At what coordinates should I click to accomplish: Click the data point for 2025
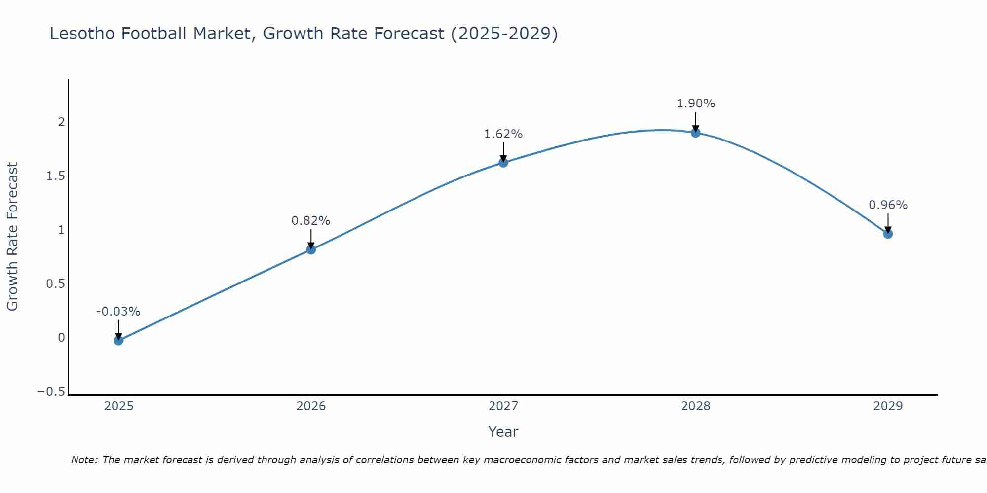click(118, 340)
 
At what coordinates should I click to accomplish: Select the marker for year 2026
click(311, 249)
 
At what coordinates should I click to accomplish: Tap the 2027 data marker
click(503, 162)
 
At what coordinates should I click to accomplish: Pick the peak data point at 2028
click(696, 132)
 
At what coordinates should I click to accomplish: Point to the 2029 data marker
click(888, 234)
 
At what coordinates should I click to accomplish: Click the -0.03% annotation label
click(118, 312)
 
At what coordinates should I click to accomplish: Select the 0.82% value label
click(311, 221)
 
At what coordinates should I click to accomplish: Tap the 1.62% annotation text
click(503, 134)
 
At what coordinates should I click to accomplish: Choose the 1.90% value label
click(696, 104)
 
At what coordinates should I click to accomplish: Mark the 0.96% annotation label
click(888, 205)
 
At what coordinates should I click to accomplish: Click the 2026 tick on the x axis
click(311, 406)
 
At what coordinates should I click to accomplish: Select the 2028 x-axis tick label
click(696, 406)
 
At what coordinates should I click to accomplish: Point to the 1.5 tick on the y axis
click(56, 176)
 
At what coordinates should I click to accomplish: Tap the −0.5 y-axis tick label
click(51, 392)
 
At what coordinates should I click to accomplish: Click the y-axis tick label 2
click(62, 122)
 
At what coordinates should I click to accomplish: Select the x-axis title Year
click(503, 432)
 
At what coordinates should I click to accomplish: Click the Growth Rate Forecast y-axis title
click(12, 237)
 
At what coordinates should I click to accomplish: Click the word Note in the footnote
click(83, 460)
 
